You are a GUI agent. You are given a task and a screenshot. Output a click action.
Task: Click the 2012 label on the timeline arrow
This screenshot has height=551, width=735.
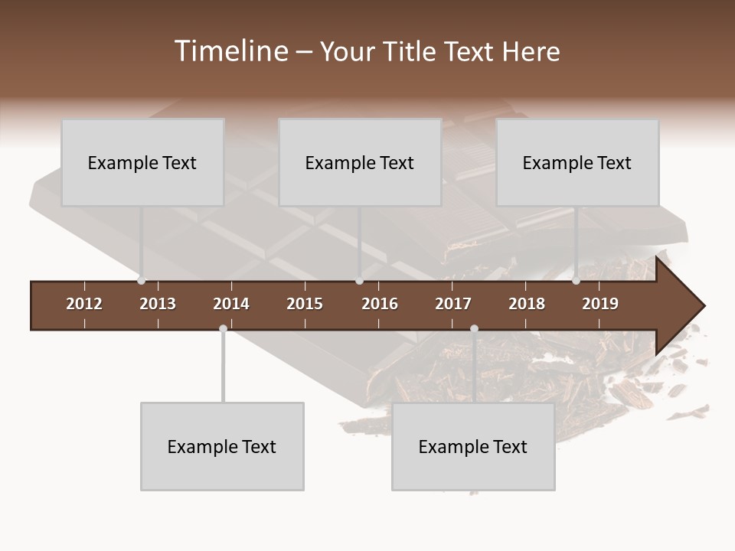click(84, 304)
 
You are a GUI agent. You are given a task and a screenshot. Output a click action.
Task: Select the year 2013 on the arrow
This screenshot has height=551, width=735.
click(158, 304)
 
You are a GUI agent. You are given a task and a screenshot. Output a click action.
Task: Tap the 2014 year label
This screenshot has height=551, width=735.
click(231, 304)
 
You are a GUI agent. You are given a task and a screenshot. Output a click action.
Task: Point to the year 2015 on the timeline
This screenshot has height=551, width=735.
click(305, 304)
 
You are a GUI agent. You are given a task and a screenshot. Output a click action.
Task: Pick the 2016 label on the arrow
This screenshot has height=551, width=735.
click(380, 304)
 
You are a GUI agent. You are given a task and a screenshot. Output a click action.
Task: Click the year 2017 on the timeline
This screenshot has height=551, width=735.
click(453, 304)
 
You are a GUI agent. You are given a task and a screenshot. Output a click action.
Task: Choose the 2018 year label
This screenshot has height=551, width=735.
click(527, 304)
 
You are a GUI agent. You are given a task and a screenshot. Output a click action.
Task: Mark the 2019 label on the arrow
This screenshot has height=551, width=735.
click(600, 304)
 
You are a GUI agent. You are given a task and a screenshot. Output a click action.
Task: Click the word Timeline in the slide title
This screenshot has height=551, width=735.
click(230, 51)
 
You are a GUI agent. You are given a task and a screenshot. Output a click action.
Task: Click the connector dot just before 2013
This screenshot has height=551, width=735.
click(142, 281)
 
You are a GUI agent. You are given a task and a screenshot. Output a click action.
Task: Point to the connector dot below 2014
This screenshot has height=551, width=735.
click(223, 329)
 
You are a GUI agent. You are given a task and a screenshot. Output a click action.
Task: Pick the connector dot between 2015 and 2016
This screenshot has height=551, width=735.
click(359, 281)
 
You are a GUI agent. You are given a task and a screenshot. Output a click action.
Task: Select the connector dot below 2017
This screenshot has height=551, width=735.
click(474, 329)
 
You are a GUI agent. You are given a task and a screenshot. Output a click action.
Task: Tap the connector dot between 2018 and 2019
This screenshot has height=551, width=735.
click(577, 281)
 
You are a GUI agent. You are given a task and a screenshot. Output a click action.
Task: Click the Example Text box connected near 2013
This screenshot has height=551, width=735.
click(142, 162)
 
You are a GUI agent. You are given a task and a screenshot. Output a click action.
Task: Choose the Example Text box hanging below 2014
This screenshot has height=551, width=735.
click(222, 446)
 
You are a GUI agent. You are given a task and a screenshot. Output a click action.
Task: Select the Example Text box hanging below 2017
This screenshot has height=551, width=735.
click(473, 446)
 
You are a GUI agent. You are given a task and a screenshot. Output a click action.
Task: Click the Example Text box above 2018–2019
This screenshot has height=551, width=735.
click(577, 162)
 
